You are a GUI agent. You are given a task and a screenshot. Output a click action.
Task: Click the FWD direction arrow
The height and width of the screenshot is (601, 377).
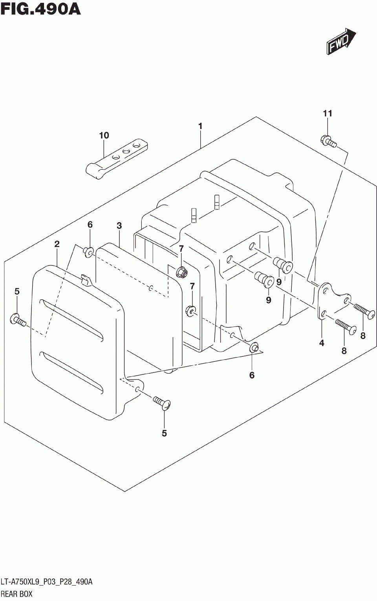coord(340,41)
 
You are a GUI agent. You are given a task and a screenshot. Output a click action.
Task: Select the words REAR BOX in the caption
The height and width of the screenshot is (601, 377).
coord(16,594)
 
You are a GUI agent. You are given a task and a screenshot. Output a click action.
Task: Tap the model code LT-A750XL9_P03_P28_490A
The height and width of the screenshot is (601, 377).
coord(47,582)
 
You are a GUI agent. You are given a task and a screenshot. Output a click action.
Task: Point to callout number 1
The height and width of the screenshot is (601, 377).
coord(200,126)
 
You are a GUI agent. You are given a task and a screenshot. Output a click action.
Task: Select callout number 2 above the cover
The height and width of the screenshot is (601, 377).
coord(57,244)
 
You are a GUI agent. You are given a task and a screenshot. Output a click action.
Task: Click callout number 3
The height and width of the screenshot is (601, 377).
coord(119,226)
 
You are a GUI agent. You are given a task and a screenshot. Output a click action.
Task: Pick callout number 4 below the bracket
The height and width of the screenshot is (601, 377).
coord(322,343)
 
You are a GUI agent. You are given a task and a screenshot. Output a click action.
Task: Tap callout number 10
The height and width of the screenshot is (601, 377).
coord(104,136)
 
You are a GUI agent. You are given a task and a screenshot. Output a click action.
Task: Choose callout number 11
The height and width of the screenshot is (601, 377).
coord(328,114)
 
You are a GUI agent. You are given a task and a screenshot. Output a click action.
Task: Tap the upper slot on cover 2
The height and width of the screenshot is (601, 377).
coord(72,319)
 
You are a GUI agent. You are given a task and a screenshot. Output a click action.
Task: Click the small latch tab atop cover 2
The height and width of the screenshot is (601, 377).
coord(84,279)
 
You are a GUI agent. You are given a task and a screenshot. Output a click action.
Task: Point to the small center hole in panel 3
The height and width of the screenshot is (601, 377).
coord(150,289)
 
